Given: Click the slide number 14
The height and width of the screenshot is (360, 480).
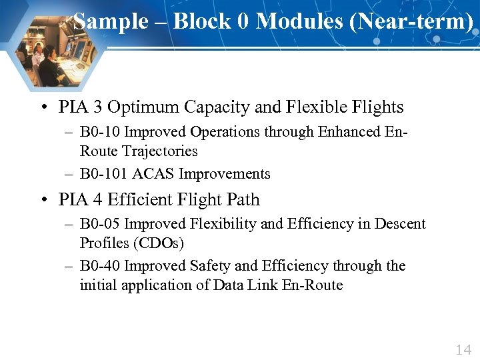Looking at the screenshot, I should [463, 349].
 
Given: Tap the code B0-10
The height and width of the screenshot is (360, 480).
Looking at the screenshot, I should [100, 132].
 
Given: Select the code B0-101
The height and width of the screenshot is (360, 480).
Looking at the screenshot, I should [104, 174].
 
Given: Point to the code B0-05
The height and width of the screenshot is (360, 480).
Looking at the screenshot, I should [100, 224].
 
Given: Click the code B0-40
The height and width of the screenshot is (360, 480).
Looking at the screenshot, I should [100, 266].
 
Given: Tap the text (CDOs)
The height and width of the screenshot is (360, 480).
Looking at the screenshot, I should [161, 243].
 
